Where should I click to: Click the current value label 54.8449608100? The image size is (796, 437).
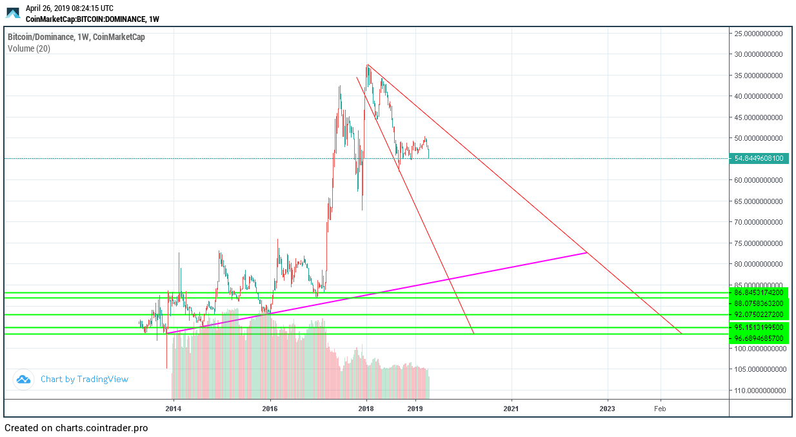coord(759,158)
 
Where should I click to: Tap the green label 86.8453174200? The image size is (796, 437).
coord(759,292)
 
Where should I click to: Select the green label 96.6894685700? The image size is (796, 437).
coord(759,338)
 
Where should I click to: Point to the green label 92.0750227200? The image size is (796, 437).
coord(759,314)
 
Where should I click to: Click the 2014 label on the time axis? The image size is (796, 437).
coord(173,408)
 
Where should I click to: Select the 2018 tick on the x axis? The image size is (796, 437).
coord(366,408)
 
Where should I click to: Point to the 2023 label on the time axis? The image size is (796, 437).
coord(607,408)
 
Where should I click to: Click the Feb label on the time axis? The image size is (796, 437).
coord(660,408)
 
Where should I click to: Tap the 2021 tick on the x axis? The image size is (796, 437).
coord(511,408)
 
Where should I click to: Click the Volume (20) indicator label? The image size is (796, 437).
coord(29,48)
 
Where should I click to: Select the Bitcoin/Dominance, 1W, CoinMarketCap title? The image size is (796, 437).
coord(76,37)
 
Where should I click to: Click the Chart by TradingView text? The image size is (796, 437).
coord(85,379)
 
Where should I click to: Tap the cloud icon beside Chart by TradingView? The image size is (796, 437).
coord(24,380)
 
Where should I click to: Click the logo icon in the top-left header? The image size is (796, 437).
coord(13,12)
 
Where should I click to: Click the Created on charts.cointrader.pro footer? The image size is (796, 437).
coord(76,427)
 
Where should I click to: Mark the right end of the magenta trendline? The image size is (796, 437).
coord(587,252)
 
